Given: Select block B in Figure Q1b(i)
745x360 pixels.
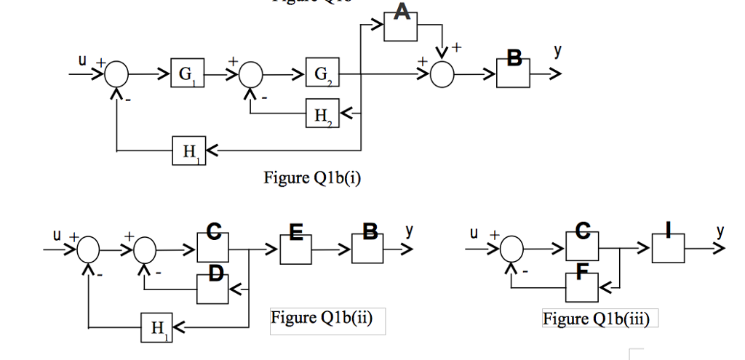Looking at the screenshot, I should pyautogui.click(x=514, y=73).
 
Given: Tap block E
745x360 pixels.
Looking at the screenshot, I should pyautogui.click(x=295, y=249).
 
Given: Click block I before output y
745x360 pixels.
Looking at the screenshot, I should pyautogui.click(x=668, y=249).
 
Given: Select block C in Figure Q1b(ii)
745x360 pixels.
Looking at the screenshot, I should pyautogui.click(x=212, y=249).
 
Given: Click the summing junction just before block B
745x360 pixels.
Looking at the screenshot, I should pyautogui.click(x=441, y=74).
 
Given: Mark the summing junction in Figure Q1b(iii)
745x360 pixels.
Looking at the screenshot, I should pyautogui.click(x=514, y=249).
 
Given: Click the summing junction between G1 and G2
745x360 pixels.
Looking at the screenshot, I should pyautogui.click(x=252, y=74).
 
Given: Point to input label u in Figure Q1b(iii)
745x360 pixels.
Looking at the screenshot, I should pyautogui.click(x=474, y=234).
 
